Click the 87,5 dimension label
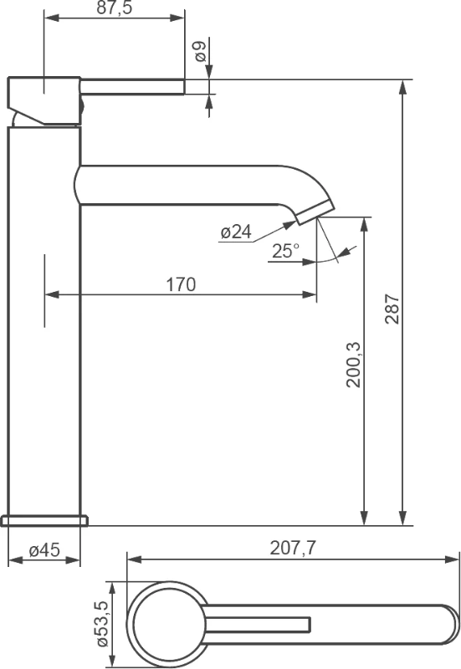[115, 8]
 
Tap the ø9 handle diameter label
[200, 51]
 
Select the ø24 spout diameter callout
[236, 232]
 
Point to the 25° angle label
[285, 250]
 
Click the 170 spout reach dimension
[181, 284]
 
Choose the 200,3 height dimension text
[353, 365]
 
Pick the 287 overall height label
[392, 309]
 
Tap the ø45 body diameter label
[44, 550]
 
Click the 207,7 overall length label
[293, 548]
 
